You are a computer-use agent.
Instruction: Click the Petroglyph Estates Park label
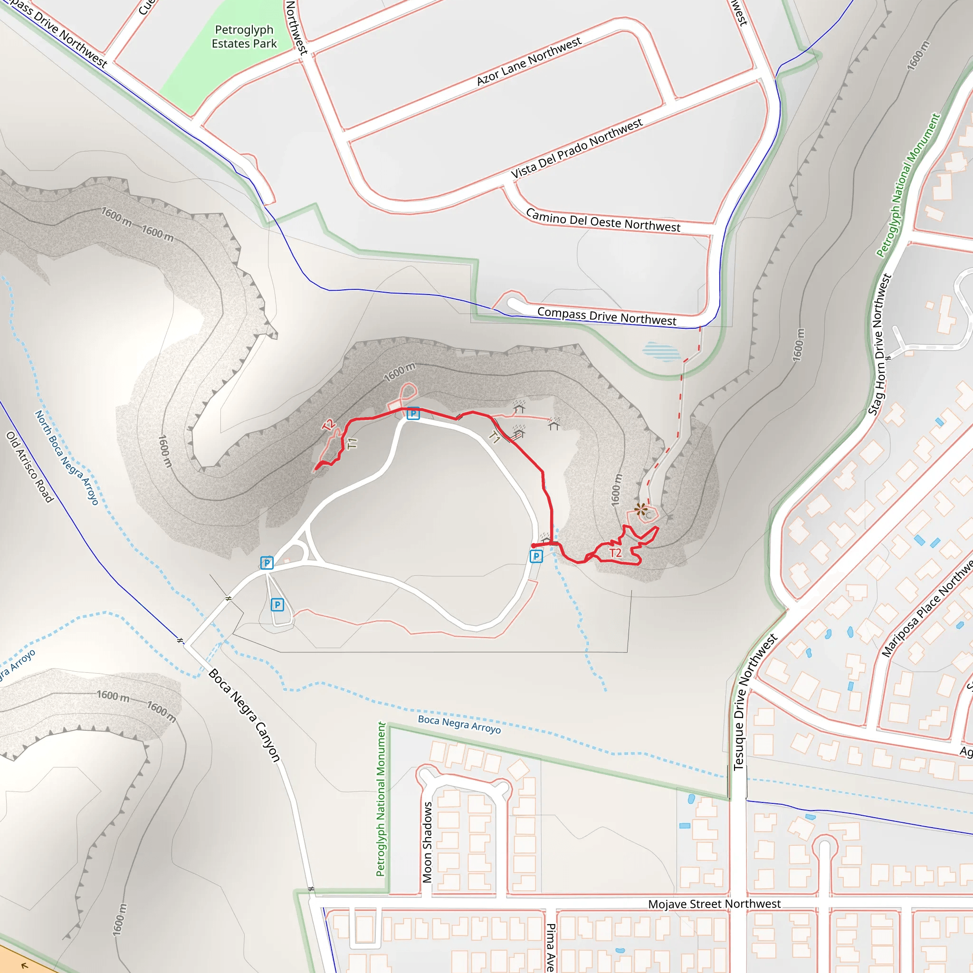[x=244, y=37]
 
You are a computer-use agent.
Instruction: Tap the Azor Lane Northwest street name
[x=529, y=61]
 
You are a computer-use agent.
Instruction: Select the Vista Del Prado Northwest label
[x=577, y=148]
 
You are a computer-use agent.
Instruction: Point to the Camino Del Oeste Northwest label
[x=603, y=220]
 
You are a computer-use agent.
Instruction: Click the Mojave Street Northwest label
[x=714, y=904]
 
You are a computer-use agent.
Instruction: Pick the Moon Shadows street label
[x=427, y=842]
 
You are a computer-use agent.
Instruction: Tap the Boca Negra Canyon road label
[x=244, y=715]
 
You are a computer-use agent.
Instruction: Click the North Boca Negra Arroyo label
[x=66, y=458]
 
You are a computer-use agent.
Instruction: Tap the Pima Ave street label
[x=551, y=946]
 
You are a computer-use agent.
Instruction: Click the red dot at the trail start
[x=534, y=545]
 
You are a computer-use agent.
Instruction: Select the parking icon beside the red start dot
[x=536, y=556]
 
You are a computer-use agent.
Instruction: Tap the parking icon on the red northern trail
[x=413, y=413]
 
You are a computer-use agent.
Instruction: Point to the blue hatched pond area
[x=661, y=351]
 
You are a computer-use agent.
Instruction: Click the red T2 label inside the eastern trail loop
[x=615, y=553]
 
